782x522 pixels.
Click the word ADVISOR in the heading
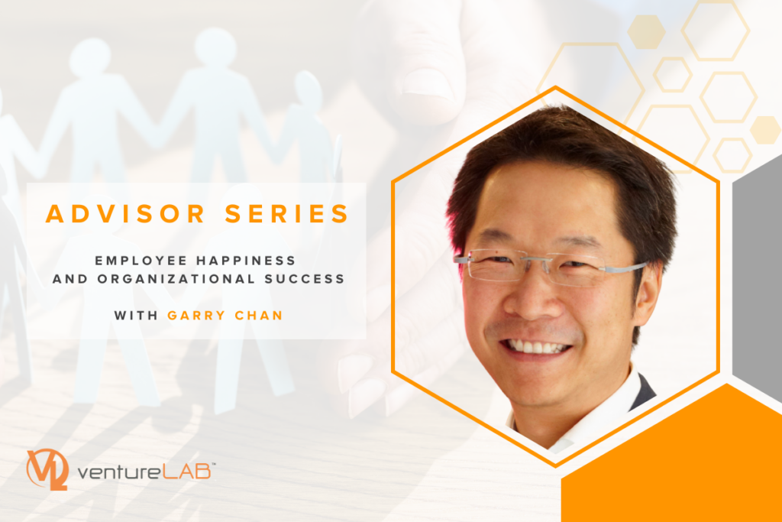click(x=126, y=213)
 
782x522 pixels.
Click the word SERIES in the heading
click(x=287, y=213)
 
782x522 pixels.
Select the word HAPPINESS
click(x=246, y=261)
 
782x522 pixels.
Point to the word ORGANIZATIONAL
click(x=176, y=279)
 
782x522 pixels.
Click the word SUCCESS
click(x=305, y=279)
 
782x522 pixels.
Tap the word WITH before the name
click(x=136, y=316)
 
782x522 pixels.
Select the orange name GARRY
click(x=196, y=316)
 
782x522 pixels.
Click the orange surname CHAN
click(x=259, y=316)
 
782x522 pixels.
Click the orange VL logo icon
click(x=47, y=469)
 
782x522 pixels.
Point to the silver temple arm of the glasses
click(x=623, y=267)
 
